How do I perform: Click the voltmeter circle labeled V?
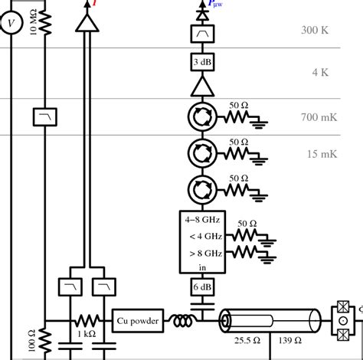coord(11,25)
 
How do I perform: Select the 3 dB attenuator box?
coord(203,61)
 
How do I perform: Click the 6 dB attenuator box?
coord(203,287)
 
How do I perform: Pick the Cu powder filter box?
coord(139,322)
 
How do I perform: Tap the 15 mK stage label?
coord(322,154)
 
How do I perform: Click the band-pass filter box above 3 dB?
coord(203,34)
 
